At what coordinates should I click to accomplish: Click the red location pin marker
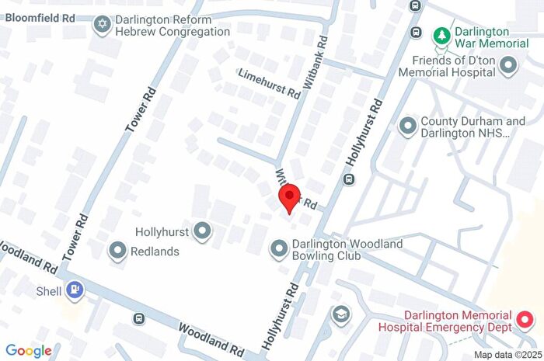(289, 197)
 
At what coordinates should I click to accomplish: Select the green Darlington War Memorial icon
(441, 35)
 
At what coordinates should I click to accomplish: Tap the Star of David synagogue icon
(102, 26)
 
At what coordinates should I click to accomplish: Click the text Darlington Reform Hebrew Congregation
(173, 26)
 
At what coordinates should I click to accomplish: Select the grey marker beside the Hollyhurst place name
(203, 231)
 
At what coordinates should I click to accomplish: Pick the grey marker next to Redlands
(118, 251)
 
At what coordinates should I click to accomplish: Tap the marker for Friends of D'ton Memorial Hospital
(510, 67)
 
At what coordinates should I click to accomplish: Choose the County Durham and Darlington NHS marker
(407, 126)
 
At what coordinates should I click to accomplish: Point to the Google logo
(29, 351)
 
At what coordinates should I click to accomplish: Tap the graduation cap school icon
(340, 314)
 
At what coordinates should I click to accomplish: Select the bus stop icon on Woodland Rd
(138, 318)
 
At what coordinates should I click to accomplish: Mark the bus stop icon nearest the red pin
(349, 179)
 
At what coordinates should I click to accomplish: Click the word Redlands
(155, 252)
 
